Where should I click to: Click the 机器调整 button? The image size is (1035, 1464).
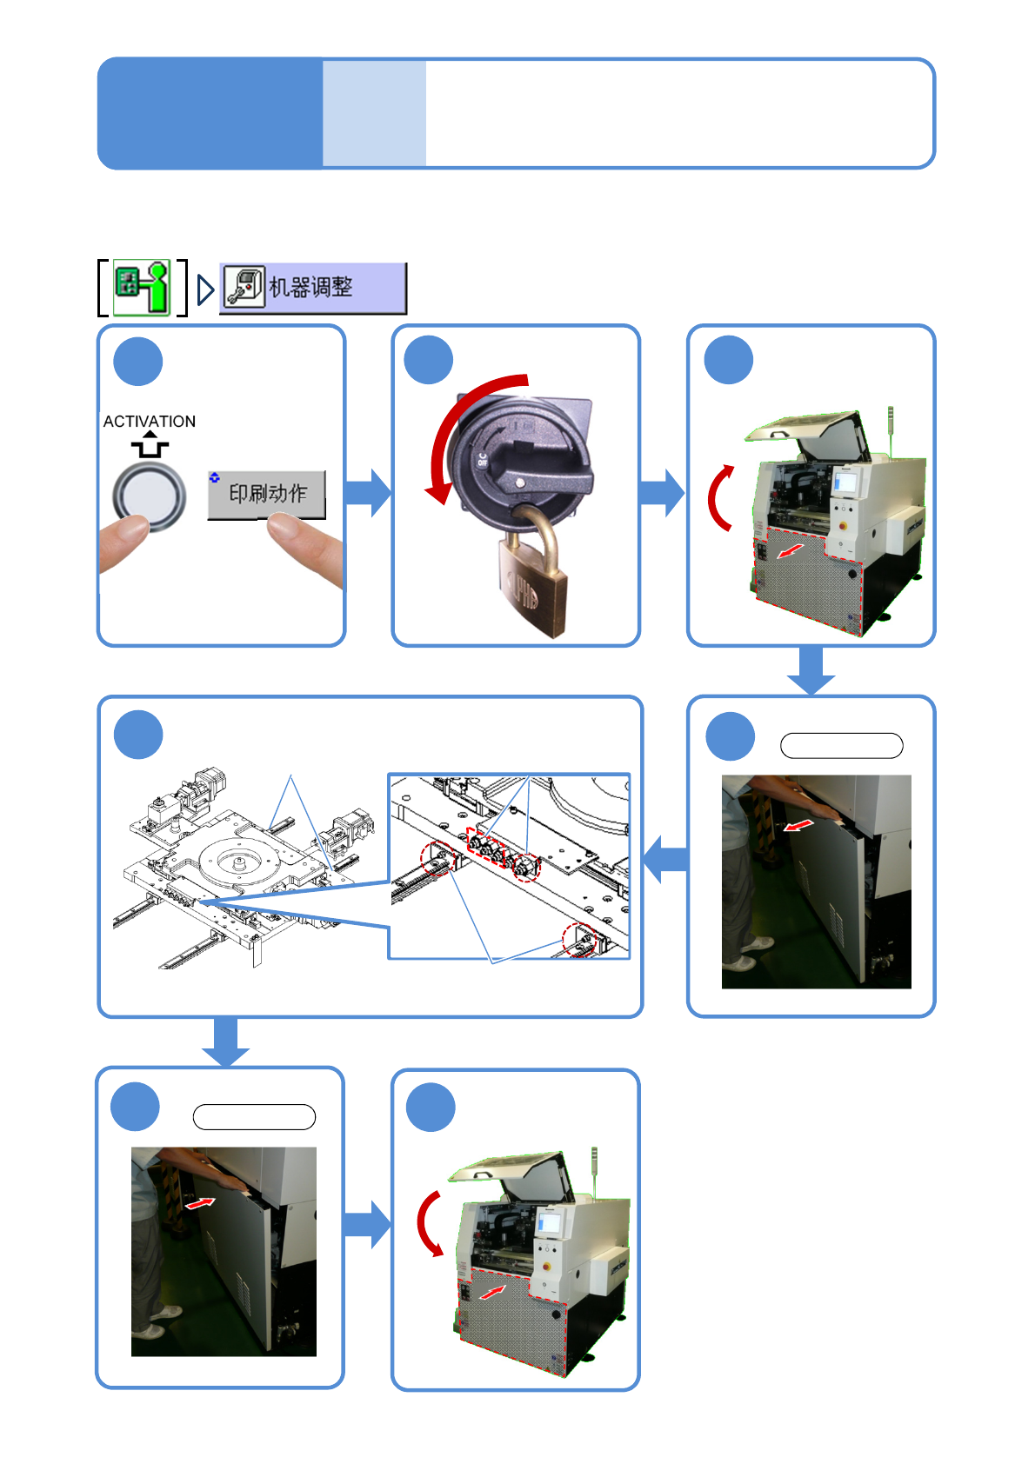[312, 288]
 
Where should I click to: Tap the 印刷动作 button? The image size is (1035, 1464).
[267, 494]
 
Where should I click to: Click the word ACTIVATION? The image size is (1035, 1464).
[150, 422]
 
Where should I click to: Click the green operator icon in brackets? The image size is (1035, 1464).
[143, 288]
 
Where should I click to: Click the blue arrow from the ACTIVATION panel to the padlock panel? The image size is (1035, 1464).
[369, 493]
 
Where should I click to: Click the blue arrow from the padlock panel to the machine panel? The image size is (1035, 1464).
[663, 493]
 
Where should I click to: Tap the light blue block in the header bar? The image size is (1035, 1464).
[374, 113]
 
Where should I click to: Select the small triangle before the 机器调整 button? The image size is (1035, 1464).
[205, 289]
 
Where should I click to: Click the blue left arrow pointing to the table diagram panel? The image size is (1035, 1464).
[665, 859]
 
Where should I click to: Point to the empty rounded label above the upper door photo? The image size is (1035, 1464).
[841, 746]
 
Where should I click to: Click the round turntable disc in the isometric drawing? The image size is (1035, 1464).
[237, 860]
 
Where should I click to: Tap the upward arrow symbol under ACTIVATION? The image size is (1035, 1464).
[150, 445]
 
